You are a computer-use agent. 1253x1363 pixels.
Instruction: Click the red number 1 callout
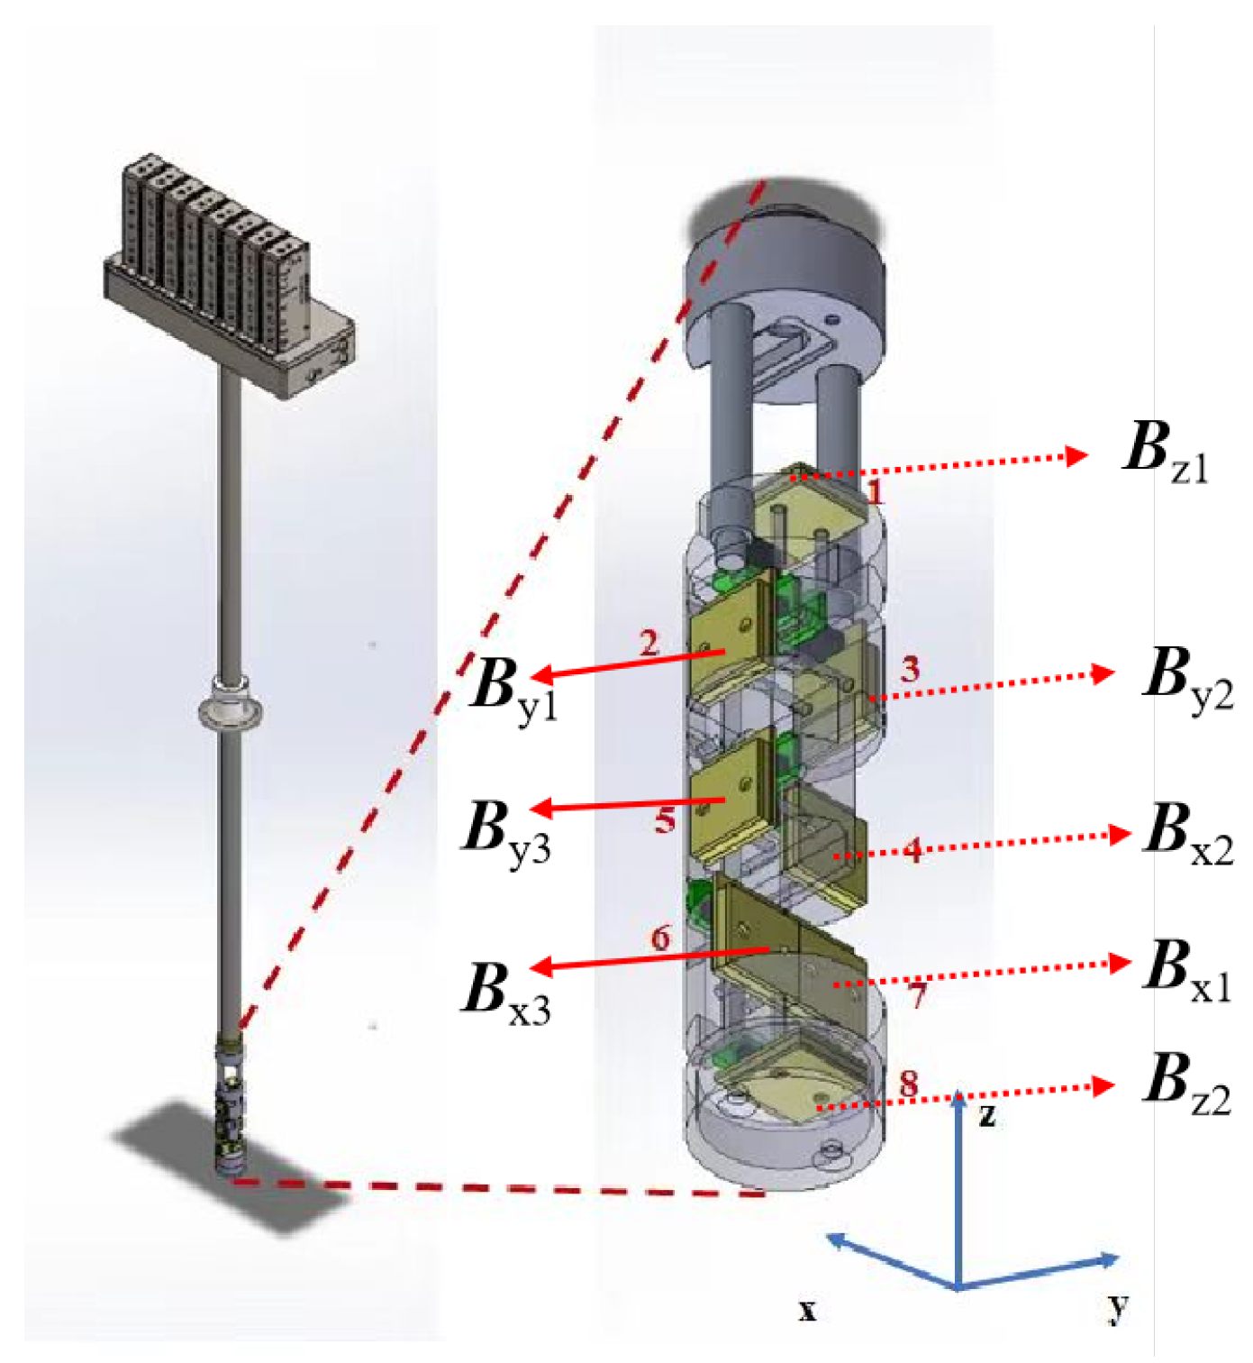[x=875, y=492]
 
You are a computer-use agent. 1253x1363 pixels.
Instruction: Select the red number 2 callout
[x=649, y=644]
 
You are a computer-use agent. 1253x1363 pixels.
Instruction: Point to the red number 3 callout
[x=910, y=669]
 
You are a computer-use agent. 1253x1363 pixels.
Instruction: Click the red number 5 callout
[x=665, y=820]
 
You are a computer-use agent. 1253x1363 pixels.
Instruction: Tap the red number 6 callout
[x=661, y=939]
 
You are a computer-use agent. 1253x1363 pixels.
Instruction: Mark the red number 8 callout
[x=908, y=1083]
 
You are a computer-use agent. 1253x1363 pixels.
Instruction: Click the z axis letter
[x=987, y=1116]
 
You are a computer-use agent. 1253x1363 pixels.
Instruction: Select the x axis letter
[x=807, y=1309]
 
